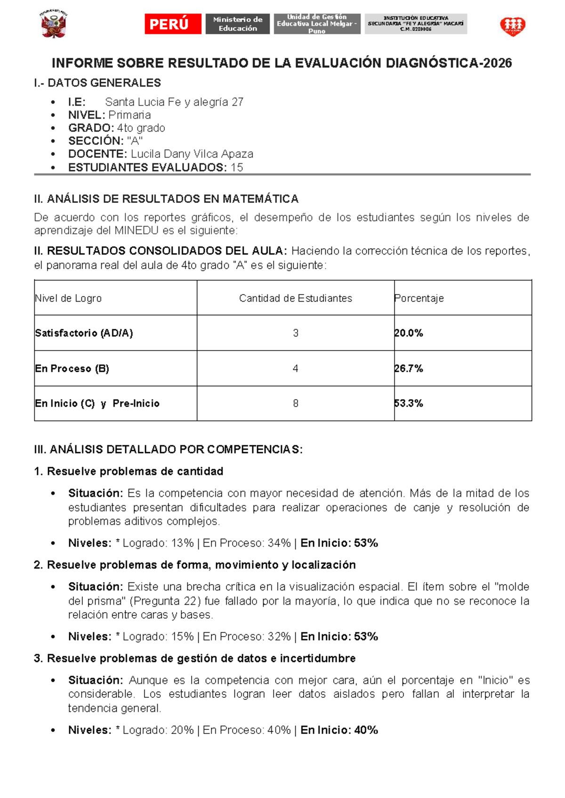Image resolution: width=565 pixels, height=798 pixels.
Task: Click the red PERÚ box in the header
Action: pos(173,24)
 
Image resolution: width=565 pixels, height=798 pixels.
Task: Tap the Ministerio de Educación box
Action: pos(237,24)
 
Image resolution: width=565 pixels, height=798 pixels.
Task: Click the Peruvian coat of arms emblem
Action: pos(54,24)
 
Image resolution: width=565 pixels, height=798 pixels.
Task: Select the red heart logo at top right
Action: pos(512,26)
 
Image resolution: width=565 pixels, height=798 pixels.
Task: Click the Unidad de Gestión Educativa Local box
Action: pos(317,24)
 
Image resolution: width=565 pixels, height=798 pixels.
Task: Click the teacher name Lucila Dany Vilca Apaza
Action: pos(192,154)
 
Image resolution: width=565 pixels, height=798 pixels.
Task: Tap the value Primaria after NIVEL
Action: pos(129,115)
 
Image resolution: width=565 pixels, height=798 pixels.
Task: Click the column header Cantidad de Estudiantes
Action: pos(295,298)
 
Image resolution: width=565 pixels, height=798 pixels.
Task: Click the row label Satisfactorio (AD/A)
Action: pos(84,333)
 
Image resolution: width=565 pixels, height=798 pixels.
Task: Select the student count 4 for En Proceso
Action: pos(295,368)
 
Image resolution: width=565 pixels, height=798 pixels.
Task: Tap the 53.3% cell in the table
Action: pos(409,403)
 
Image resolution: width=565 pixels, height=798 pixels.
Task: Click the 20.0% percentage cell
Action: pos(409,333)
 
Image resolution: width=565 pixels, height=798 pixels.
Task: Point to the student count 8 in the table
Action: pos(295,403)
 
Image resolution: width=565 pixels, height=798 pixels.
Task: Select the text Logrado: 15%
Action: pos(158,637)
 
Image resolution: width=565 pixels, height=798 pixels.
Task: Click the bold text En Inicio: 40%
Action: pos(339,730)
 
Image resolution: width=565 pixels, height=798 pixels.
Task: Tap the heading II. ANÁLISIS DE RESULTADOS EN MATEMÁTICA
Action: pos(166,199)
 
